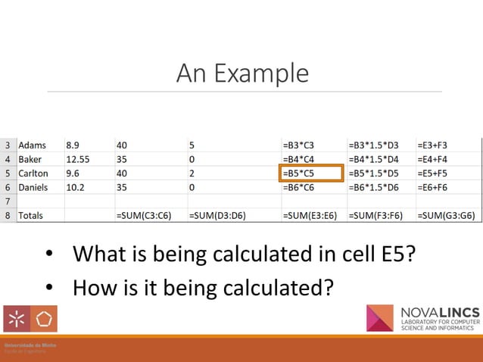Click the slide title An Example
242,73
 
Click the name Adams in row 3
32,145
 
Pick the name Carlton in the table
34,173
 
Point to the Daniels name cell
34,186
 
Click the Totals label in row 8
31,215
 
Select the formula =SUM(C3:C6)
143,215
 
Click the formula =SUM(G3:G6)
447,215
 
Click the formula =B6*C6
298,186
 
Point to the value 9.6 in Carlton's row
73,173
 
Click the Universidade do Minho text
26,345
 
